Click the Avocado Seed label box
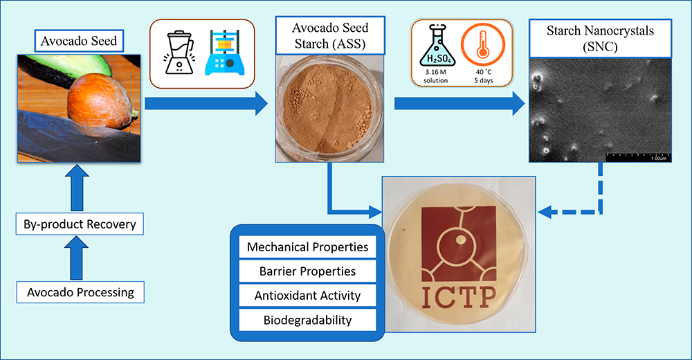79,41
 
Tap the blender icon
179,52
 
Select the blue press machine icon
225,52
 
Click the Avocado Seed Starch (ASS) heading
330,36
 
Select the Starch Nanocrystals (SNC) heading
600,39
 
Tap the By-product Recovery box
80,224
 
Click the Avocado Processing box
80,292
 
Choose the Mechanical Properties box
308,247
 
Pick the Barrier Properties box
308,271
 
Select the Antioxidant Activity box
308,296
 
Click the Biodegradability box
308,320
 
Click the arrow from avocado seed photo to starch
206,103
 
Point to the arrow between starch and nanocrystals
459,103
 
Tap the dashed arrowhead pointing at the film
545,212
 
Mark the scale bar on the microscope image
639,155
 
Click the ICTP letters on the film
459,298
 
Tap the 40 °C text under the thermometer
484,72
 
